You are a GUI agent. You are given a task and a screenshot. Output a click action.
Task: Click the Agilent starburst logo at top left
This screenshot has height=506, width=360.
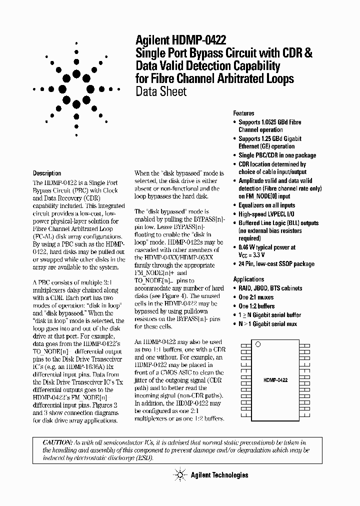[76, 90]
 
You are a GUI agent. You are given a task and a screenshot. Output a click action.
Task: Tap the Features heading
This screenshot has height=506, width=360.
[243, 113]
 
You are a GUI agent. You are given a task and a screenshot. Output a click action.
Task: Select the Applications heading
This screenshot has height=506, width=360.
[249, 279]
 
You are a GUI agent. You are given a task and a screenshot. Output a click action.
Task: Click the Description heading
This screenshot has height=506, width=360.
[47, 173]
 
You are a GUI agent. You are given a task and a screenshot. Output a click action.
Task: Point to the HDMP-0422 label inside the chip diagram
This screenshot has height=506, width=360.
[275, 380]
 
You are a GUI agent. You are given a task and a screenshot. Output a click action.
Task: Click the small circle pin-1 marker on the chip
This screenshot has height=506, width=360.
[258, 344]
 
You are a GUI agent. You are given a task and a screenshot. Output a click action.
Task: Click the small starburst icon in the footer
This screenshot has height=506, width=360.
[178, 474]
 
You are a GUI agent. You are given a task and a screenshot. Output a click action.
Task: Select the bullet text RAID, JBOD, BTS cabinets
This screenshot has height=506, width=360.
[270, 288]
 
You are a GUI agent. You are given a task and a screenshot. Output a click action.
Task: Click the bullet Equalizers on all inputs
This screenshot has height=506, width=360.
[266, 205]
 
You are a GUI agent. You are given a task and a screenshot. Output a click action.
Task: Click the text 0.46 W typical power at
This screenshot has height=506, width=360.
[266, 247]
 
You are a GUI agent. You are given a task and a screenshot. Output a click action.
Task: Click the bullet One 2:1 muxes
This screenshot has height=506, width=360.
[256, 297]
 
